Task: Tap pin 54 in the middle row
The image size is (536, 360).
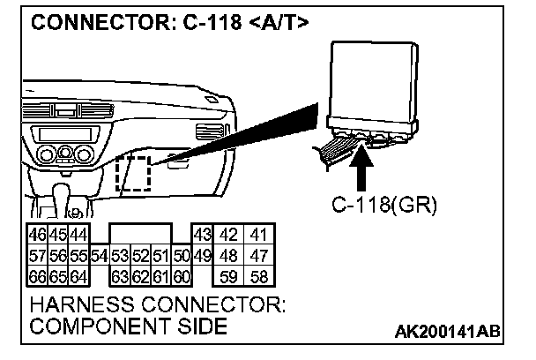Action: pos(99,256)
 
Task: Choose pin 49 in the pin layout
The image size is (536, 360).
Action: pos(202,256)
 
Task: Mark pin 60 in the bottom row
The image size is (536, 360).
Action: pos(182,275)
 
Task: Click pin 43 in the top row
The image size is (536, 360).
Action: pos(202,236)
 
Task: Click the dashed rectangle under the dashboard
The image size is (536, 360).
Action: pos(134,173)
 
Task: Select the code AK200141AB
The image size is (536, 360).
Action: pos(446,332)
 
